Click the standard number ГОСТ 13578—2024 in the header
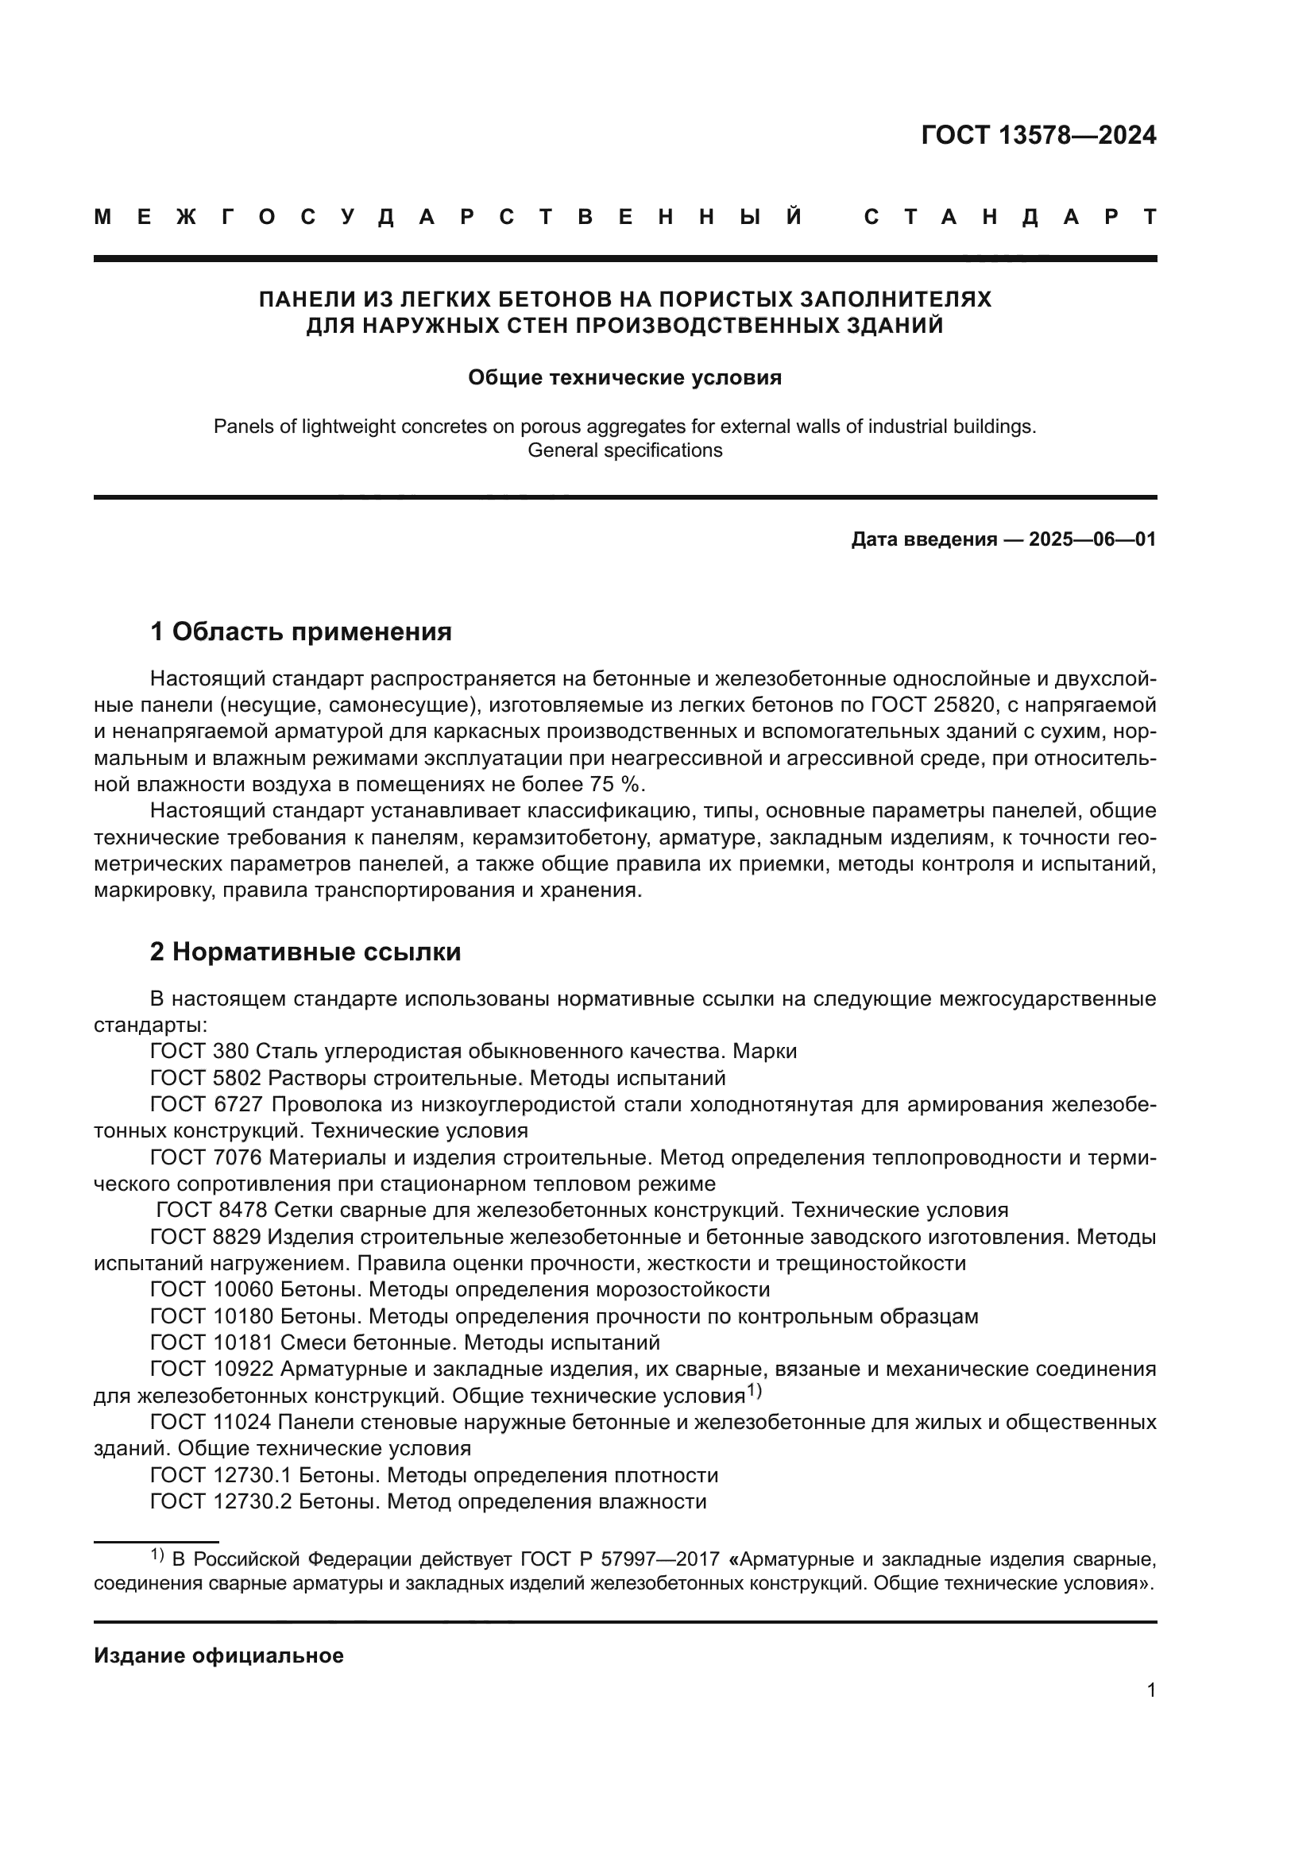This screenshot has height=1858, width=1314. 1038,136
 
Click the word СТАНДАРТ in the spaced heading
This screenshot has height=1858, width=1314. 1010,217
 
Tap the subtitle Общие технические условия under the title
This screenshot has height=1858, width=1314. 624,378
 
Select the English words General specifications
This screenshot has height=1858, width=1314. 624,450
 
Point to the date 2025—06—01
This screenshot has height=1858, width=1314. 1092,539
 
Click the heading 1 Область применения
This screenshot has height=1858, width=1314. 301,632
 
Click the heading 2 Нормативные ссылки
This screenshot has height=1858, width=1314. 305,952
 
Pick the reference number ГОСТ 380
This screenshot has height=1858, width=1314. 200,1052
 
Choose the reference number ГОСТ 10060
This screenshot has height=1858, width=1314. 212,1289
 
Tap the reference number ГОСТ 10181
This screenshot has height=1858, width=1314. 212,1342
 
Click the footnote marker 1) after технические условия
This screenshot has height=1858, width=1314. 753,1391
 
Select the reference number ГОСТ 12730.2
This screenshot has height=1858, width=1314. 222,1502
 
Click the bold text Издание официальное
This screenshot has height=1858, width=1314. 218,1656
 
